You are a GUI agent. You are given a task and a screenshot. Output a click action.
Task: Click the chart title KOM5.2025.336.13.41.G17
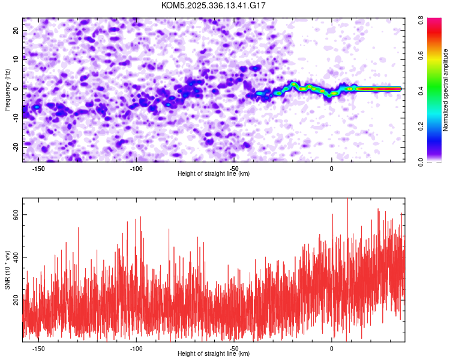214,5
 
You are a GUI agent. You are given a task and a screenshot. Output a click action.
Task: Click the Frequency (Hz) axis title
7,89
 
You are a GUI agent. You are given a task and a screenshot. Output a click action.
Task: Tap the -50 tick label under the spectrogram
234,168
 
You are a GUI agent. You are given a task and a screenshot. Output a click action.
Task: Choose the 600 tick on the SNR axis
14,215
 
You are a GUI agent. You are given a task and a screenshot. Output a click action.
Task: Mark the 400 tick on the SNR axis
14,257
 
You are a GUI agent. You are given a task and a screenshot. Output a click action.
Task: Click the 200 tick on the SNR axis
14,299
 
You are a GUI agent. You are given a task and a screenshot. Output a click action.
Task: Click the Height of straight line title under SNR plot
214,354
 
